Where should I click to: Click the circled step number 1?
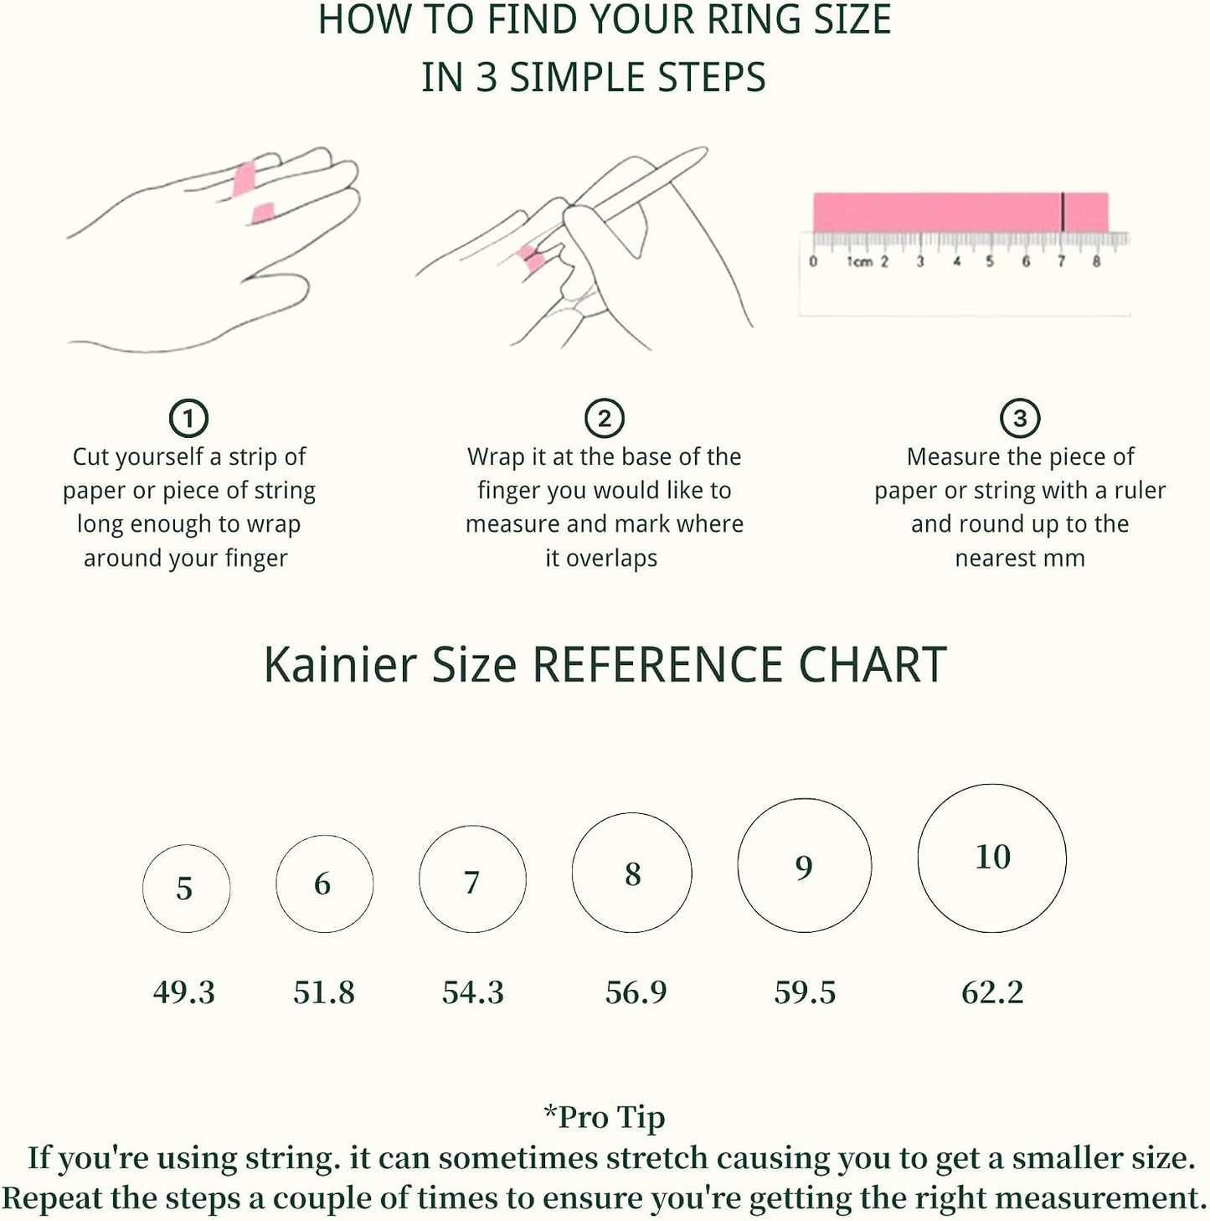coord(188,418)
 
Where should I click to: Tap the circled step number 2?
coord(604,418)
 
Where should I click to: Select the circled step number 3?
coord(1019,418)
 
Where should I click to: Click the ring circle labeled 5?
coord(142,889)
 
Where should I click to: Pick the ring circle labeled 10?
coord(918,858)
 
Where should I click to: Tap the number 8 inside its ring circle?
coord(632,873)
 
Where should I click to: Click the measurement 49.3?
coord(184,992)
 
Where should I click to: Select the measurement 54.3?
coord(473,992)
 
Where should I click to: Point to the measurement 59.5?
coord(805,992)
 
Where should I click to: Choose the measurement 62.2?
coord(992,992)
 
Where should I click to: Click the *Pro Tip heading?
coord(605,1116)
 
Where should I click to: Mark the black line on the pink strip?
coord(1063,212)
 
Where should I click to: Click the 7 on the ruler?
coord(1061,261)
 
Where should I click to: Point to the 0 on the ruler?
coord(813,261)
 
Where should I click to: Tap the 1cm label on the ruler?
coord(860,261)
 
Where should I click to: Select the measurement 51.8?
coord(324,992)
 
